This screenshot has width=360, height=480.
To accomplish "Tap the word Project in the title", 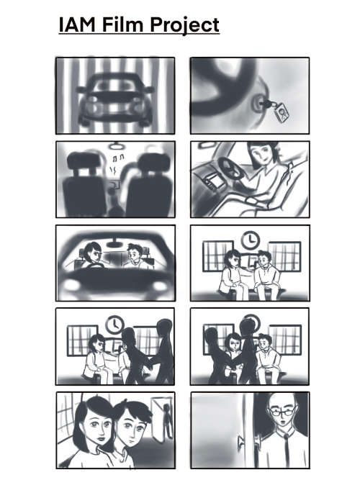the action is tap(185, 25).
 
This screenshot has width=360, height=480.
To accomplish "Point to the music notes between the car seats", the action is tap(117, 158).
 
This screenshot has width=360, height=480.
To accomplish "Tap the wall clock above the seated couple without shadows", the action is tap(251, 240).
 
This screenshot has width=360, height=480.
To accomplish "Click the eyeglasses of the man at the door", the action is tap(282, 412).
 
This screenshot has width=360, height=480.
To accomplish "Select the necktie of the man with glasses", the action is tap(287, 450).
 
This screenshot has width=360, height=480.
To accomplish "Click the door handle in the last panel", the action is tap(240, 442).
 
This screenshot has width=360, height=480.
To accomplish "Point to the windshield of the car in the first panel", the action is tap(115, 83).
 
